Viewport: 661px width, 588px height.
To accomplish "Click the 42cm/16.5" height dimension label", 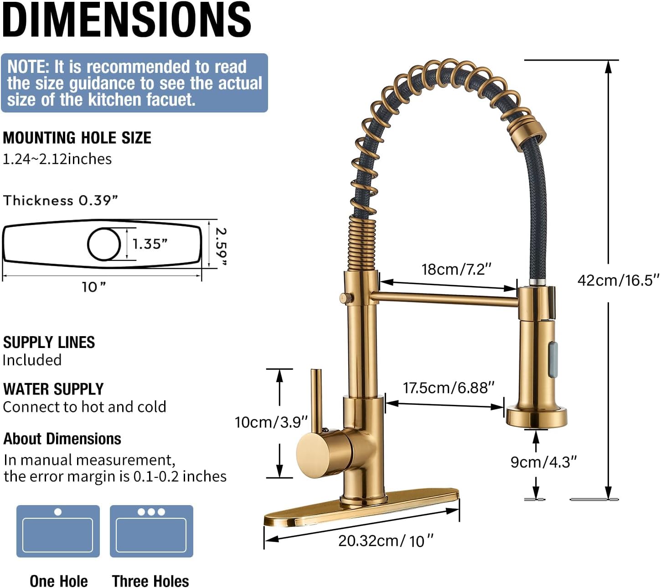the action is (618, 280).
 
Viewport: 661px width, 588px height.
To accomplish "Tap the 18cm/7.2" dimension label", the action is (456, 270).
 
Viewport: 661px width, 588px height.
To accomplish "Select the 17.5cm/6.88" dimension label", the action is (449, 388).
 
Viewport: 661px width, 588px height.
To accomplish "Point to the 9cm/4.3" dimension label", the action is (543, 462).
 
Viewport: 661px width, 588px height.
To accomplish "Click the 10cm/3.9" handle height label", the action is (271, 422).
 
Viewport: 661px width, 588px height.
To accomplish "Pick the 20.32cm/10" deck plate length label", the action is (386, 542).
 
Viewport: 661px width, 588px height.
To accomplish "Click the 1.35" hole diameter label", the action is (150, 244).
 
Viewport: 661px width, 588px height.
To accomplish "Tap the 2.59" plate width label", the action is (221, 247).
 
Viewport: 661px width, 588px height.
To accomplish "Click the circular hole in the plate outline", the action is (104, 244).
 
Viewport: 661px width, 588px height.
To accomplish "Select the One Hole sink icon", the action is (58, 531).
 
